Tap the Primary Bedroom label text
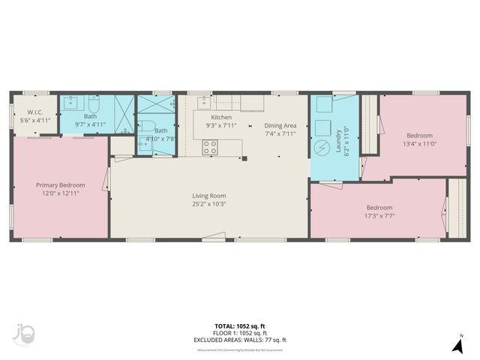tap(61, 185)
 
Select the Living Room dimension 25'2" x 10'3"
tap(208, 204)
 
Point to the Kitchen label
tap(221, 118)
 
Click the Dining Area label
tap(280, 125)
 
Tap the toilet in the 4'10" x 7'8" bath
tap(148, 126)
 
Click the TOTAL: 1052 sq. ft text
tap(239, 326)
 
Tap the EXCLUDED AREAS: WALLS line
tap(239, 340)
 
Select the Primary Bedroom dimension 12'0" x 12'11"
tap(61, 193)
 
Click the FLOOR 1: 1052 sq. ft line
tap(239, 333)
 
